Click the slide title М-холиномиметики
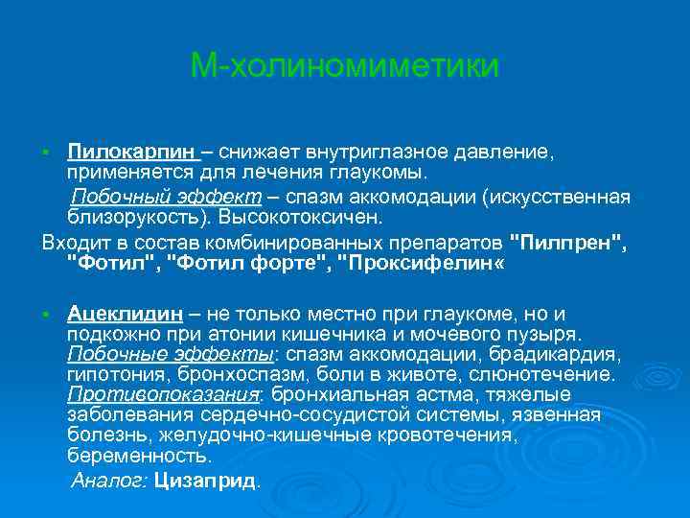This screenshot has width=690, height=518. (345, 66)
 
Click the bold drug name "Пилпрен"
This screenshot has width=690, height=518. (567, 240)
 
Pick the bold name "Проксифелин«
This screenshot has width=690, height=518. (422, 262)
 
